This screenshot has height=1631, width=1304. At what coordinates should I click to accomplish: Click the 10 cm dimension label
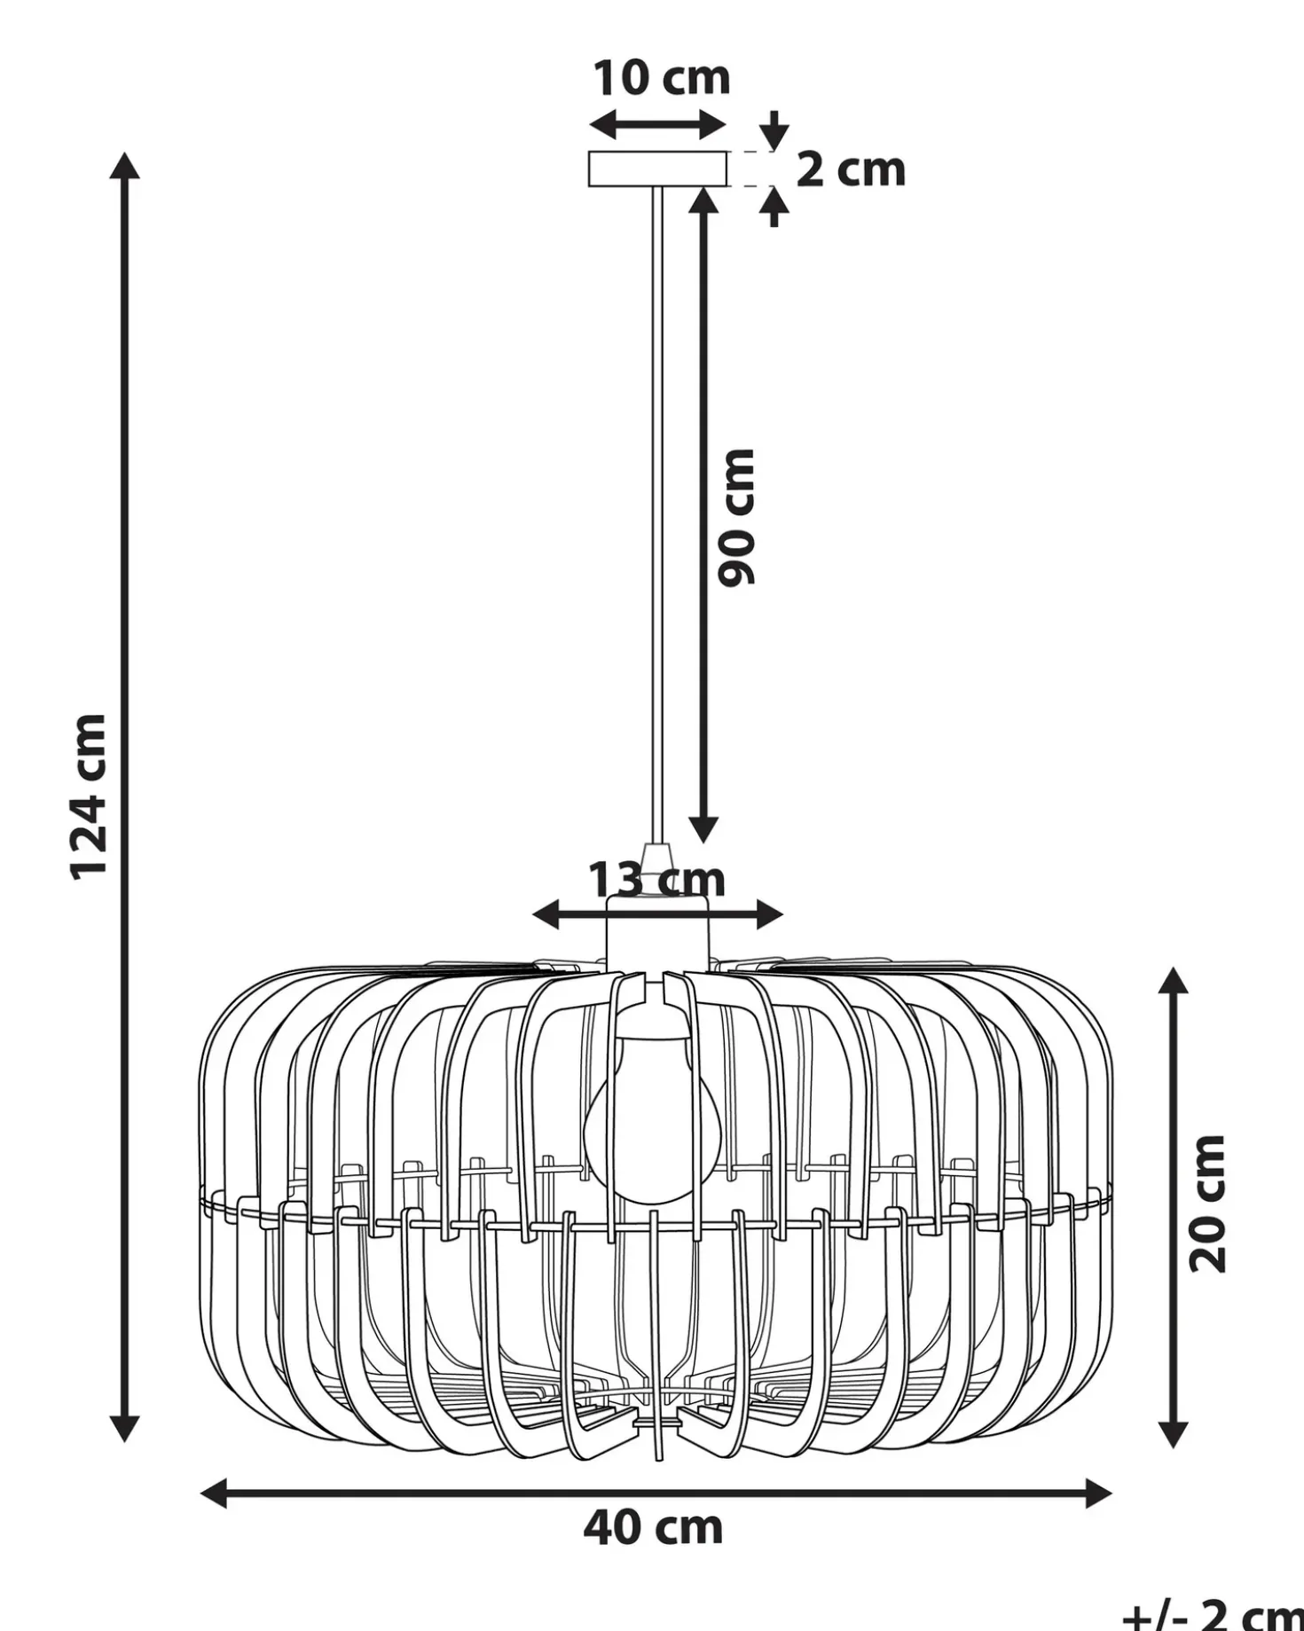[662, 78]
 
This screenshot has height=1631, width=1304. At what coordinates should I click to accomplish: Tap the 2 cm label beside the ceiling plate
[851, 169]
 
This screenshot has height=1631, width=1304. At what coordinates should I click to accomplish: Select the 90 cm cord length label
[736, 517]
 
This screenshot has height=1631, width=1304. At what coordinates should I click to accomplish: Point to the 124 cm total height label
[89, 797]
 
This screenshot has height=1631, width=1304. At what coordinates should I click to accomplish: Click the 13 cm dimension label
[657, 880]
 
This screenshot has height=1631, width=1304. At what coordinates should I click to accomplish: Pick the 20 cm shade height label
[1207, 1204]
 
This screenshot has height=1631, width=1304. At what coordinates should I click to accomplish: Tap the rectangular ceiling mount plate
[658, 169]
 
